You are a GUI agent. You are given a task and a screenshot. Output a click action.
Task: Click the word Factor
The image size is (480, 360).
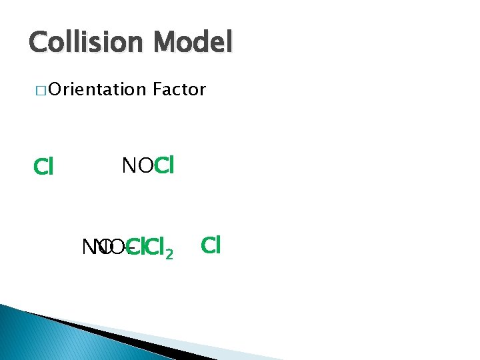[x=179, y=89]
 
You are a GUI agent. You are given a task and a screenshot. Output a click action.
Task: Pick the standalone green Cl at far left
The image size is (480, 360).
[x=43, y=167]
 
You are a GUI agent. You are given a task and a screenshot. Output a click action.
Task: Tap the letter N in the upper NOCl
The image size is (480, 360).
[x=128, y=165]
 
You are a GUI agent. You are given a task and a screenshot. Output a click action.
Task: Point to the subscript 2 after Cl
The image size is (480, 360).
[x=170, y=254]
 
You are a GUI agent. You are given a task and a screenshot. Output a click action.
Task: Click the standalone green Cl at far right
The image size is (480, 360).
[x=210, y=245]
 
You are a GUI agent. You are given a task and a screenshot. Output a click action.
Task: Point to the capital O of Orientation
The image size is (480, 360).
[x=54, y=89]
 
